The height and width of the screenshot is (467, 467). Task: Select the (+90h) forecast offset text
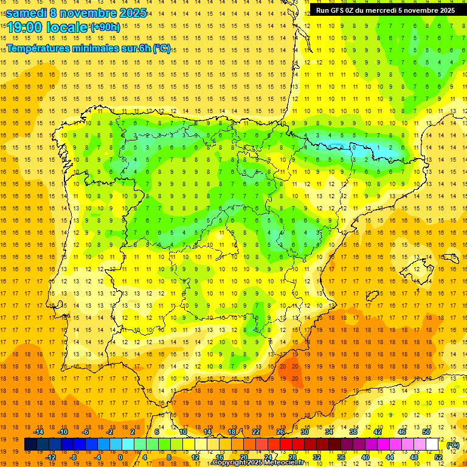[105, 27]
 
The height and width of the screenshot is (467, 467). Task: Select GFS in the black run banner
[339, 10]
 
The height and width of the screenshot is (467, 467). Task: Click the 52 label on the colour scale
[438, 457]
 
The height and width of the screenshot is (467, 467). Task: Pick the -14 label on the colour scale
[39, 431]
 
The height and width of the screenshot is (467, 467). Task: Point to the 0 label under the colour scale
[120, 457]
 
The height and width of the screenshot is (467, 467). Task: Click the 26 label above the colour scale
[280, 431]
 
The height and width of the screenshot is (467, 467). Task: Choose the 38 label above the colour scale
[353, 431]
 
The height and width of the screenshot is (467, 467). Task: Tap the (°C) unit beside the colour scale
[453, 445]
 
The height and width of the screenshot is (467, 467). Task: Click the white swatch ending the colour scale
[432, 445]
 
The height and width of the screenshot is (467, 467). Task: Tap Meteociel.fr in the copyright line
[286, 463]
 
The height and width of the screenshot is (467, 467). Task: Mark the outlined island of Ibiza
[372, 296]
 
